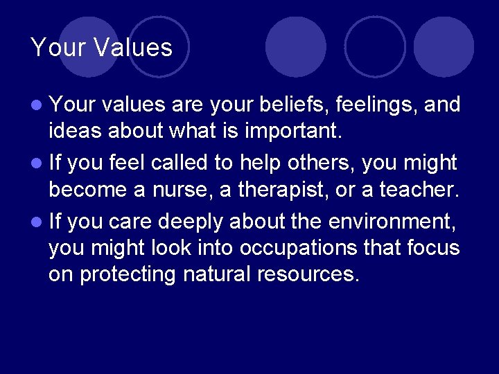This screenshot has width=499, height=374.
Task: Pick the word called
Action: tap(177, 163)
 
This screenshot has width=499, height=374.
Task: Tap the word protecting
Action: tap(128, 275)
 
